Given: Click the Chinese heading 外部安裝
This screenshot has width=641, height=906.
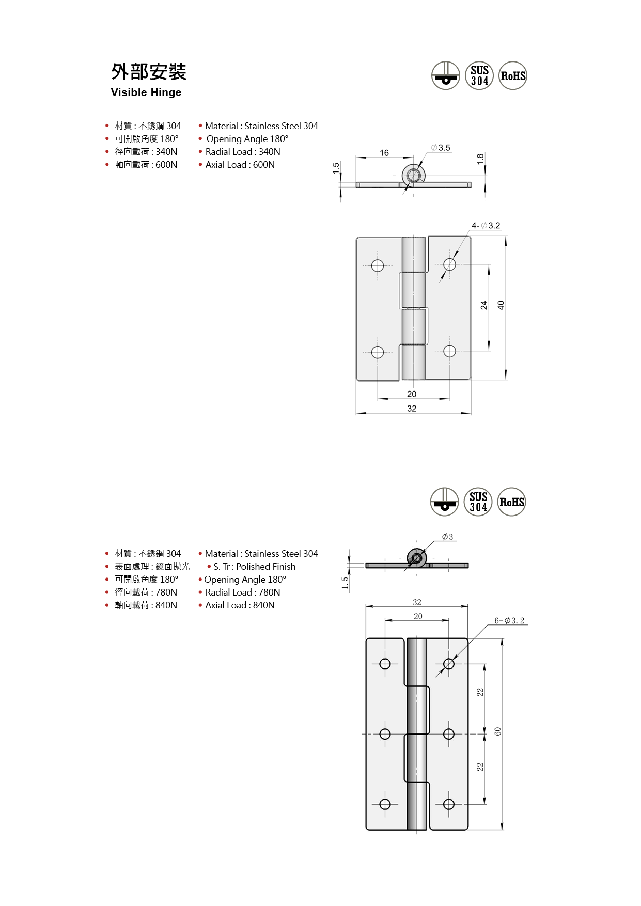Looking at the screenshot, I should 149,72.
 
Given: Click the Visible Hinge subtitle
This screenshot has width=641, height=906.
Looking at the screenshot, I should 146,92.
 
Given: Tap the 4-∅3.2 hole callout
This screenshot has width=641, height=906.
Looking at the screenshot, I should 486,226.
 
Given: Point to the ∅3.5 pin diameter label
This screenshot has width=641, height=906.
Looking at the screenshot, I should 441,148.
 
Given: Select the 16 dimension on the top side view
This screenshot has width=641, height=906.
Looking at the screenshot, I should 384,153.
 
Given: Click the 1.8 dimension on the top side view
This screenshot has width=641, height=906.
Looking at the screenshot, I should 480,159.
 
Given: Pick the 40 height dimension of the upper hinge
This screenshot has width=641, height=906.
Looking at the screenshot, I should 501,305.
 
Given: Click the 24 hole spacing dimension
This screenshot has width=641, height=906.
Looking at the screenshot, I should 484,305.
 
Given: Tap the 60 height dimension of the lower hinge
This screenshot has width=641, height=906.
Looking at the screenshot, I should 497,731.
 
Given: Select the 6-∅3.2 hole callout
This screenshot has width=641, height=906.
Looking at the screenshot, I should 509,621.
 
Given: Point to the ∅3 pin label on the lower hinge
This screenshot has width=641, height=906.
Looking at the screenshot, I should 448,537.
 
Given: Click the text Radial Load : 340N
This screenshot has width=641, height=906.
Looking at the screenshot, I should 242,152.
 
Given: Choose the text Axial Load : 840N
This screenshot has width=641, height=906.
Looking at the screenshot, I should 240,605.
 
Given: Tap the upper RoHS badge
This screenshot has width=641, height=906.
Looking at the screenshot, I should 513,76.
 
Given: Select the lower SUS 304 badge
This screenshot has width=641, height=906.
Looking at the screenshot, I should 478,502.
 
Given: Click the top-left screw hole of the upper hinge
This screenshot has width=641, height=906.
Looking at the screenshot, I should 378,265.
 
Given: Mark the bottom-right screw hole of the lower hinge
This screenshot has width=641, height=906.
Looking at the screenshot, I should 449,804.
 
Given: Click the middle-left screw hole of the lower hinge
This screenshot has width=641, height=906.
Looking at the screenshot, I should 385,734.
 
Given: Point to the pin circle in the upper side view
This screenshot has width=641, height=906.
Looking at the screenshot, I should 413,176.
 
